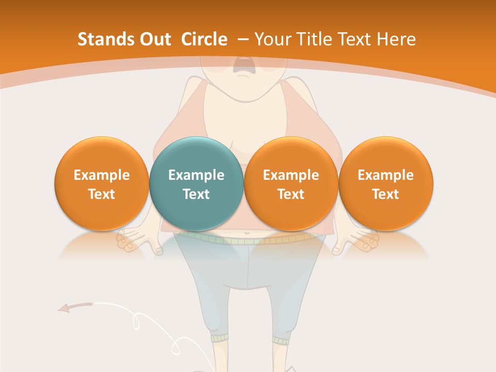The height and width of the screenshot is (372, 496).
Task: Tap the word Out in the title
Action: [153, 39]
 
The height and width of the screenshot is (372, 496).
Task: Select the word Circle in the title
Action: [204, 39]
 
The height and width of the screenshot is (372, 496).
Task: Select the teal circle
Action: [196, 183]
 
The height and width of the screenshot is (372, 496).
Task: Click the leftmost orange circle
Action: [101, 183]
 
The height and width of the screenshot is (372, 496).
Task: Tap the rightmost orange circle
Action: [385, 183]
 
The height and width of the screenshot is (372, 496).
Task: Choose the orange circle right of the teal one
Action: [291, 183]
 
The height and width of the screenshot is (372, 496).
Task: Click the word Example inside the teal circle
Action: [196, 175]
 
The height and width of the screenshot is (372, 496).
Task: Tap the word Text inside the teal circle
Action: [196, 194]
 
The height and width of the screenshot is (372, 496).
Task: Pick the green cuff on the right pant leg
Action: [281, 340]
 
